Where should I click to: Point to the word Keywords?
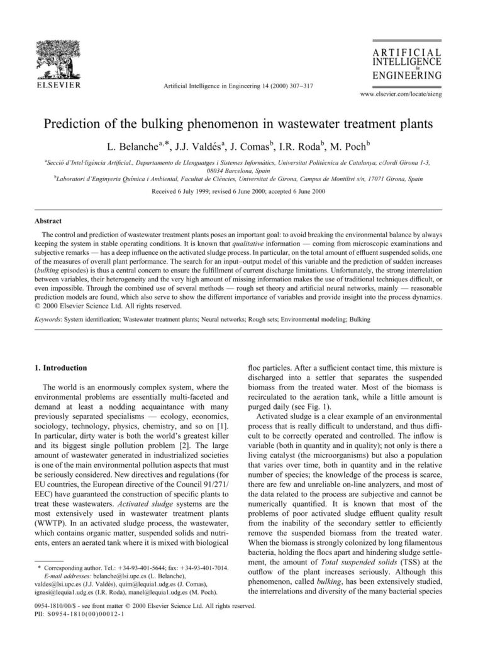pyautogui.click(x=47, y=320)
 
